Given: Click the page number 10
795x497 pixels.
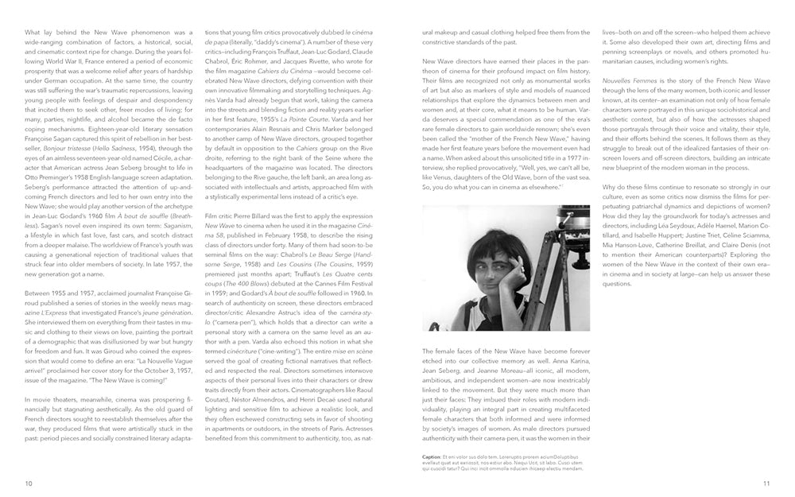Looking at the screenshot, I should [29, 482].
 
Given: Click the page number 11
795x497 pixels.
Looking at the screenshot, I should [766, 482].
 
